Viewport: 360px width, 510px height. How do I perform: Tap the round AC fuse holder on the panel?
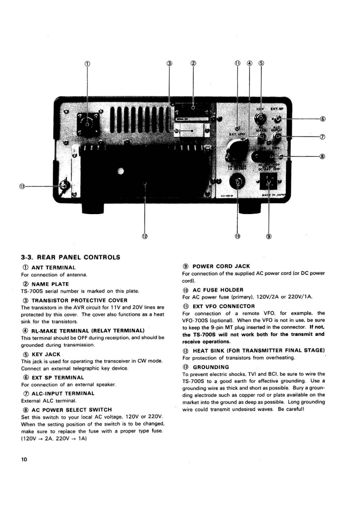coord(237,183)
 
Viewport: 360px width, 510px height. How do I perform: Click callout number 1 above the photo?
coord(87,63)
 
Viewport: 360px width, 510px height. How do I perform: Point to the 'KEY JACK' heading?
coord(45,354)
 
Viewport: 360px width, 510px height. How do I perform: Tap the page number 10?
coord(24,460)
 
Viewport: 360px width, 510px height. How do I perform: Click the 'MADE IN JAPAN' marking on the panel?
coord(270,195)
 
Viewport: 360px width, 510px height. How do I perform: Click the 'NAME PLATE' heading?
coord(50,284)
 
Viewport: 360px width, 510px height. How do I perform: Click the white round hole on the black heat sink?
coord(120,171)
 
